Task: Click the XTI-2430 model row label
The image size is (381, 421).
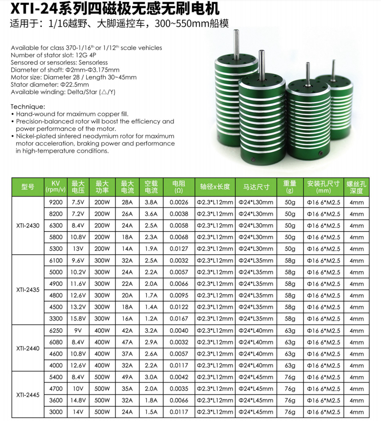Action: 27,225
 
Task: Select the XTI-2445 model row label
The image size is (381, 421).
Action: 27,395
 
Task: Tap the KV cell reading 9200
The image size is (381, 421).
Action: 56,202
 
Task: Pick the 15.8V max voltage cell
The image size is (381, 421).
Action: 78,319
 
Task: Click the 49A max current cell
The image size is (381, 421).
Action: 127,377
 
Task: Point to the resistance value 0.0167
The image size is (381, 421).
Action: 179,319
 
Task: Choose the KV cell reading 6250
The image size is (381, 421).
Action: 56,330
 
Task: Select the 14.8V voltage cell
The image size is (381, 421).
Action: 78,401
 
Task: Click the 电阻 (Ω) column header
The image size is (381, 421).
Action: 179,186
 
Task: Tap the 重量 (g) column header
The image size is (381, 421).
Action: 290,186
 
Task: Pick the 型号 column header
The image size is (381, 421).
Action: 27,186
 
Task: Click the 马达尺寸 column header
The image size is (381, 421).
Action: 256,186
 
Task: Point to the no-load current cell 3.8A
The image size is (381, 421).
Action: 151,202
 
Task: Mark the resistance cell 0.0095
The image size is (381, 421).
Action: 179,295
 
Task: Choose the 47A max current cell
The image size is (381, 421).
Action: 127,342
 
